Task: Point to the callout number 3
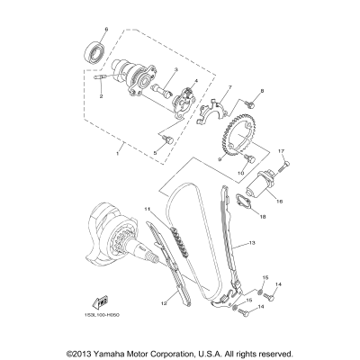[x=195, y=82]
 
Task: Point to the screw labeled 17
[x=283, y=164]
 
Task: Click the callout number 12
[x=164, y=304]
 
